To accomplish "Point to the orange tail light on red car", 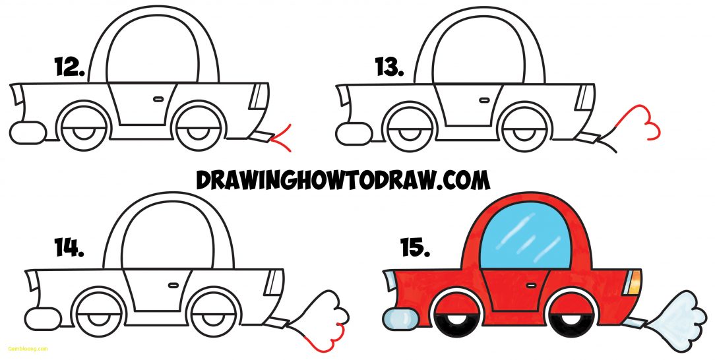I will [x=635, y=282].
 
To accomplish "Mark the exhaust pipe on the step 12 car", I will [x=261, y=136].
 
